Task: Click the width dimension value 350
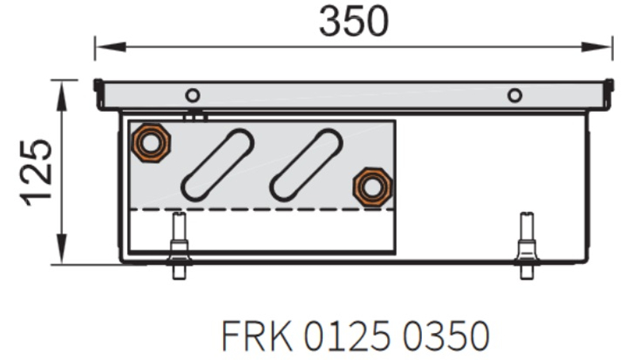coord(354,21)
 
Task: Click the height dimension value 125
coord(37,172)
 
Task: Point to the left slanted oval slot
coord(217,163)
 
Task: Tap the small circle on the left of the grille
coord(192,95)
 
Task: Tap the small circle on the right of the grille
coord(515,95)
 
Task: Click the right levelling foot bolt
coord(525,246)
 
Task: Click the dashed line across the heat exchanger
coord(262,209)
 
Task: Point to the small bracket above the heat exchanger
coord(194,117)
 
